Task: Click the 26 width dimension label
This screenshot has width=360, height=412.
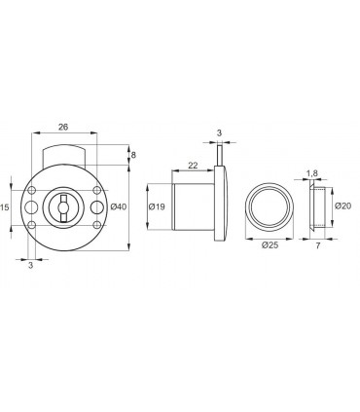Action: coord(63,127)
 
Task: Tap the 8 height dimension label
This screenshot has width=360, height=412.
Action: coord(133,155)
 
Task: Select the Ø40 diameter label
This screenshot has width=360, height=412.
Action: coord(118,206)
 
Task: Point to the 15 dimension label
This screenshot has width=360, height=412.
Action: coord(4,207)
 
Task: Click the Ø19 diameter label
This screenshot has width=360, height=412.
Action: coord(157,206)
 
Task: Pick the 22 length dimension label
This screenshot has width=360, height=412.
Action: coord(193,166)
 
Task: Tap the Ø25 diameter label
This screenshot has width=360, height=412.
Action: coord(270,245)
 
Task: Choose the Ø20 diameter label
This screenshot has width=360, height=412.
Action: coord(342,206)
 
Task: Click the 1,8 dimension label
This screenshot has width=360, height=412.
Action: coord(311,174)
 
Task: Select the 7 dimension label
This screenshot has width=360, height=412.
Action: coord(318,245)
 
